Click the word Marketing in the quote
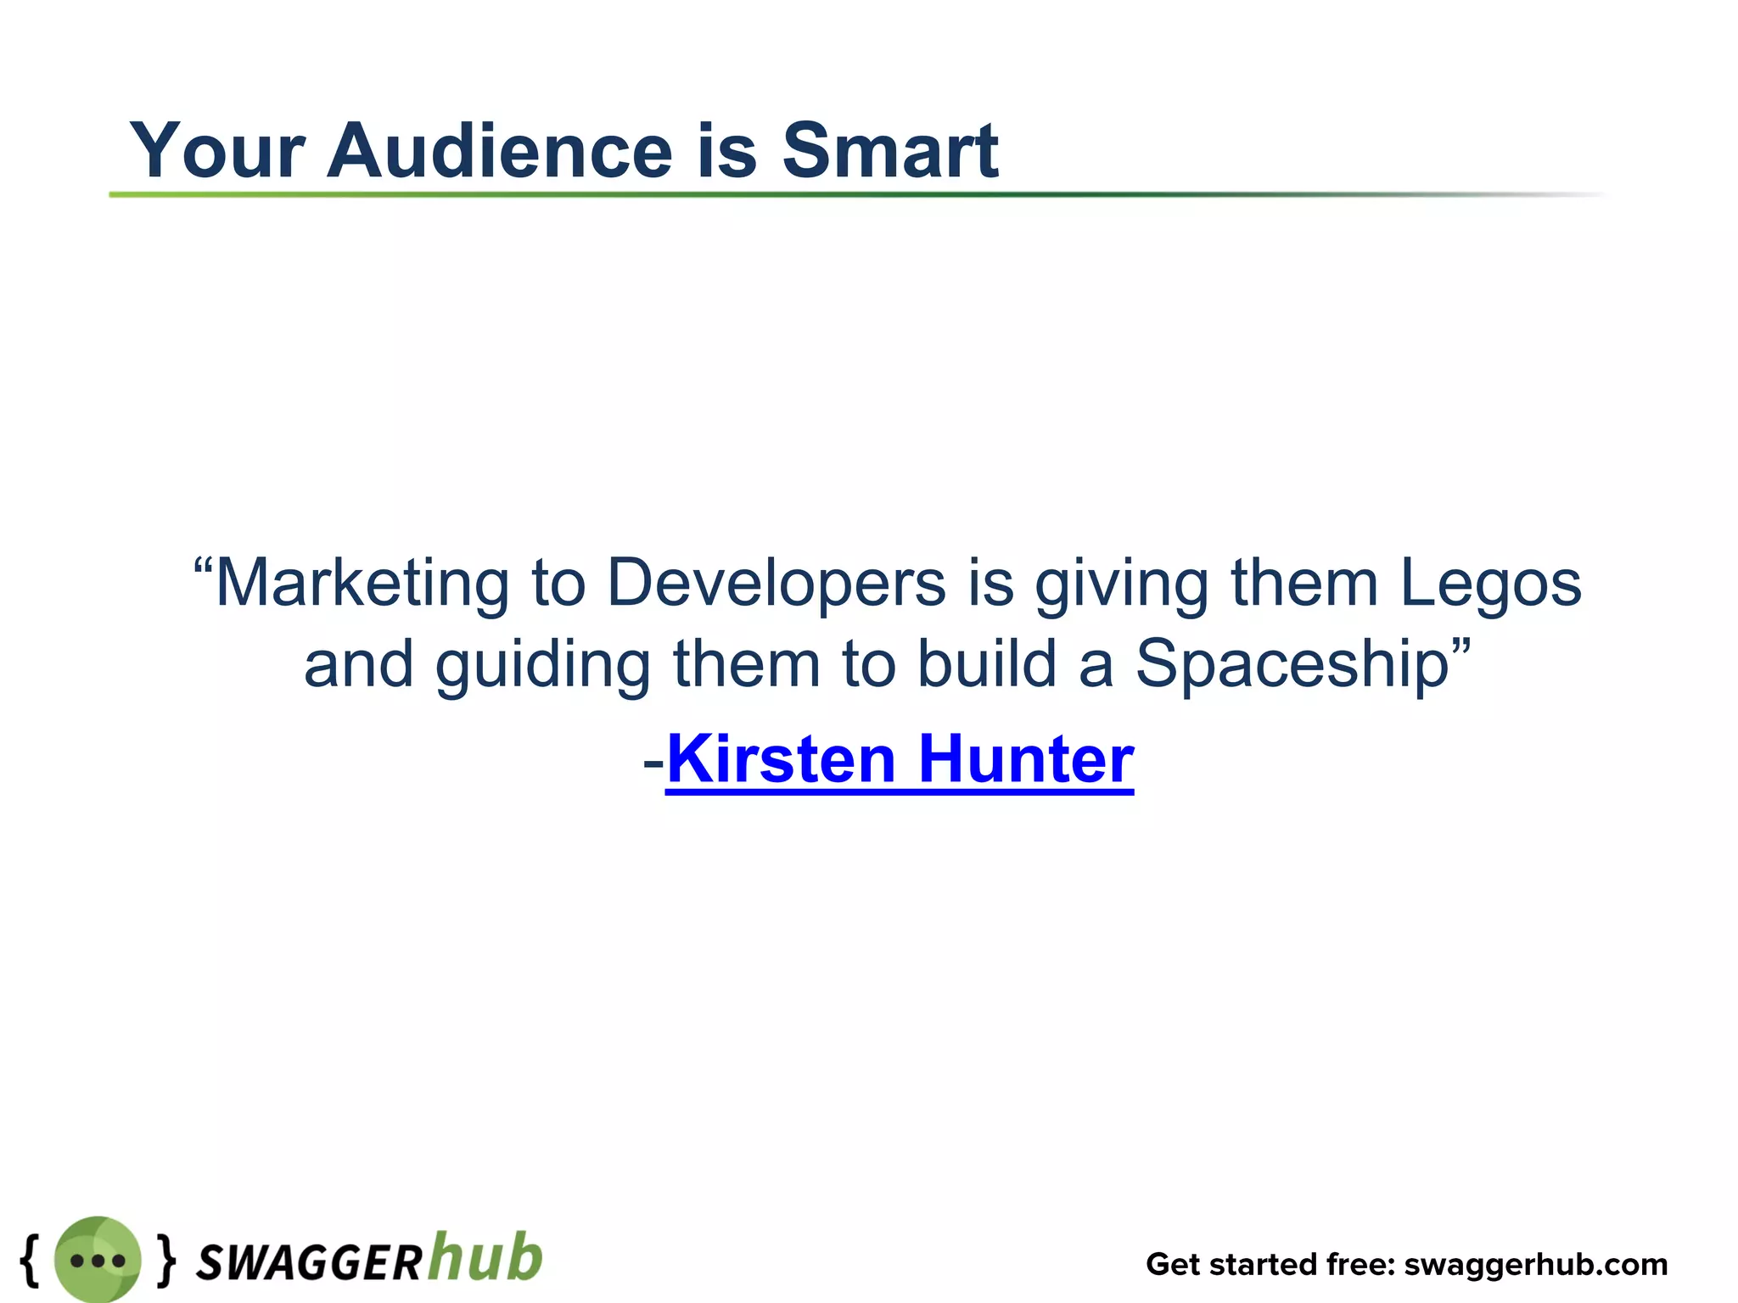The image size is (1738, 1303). [x=362, y=584]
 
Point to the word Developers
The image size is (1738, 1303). [x=776, y=584]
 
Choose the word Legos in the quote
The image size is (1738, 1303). [x=1490, y=584]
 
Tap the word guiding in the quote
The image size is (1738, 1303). [x=542, y=664]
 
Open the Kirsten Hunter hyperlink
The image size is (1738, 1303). [x=900, y=759]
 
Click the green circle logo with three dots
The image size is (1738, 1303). [x=97, y=1259]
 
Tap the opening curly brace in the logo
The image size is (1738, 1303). [x=31, y=1259]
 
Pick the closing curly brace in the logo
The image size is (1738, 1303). [x=167, y=1259]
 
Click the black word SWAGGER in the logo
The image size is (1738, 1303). [x=309, y=1263]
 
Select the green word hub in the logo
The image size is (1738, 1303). [x=485, y=1256]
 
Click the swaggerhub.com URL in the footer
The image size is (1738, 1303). [x=1535, y=1264]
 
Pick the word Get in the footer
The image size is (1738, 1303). [x=1174, y=1264]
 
